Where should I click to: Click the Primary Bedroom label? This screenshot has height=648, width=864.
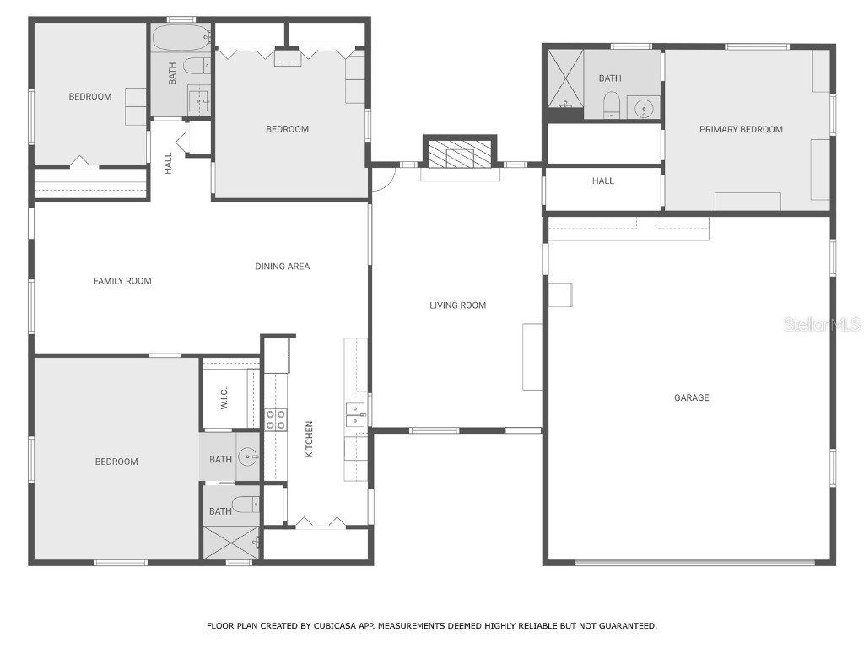coord(741,129)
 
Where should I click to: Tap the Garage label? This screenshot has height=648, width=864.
coord(691,397)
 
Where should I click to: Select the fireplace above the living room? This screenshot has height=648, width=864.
coord(460,155)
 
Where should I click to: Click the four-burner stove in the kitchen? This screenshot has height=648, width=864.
coord(276,419)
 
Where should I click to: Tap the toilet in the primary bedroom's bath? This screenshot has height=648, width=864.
coord(613,105)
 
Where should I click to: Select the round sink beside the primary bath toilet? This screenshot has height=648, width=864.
coord(645,108)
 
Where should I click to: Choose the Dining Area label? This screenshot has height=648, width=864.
coord(283,267)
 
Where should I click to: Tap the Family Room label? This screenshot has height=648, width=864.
coord(122,281)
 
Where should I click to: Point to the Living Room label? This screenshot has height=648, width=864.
coord(458,305)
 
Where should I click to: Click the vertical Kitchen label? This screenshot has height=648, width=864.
coord(310,439)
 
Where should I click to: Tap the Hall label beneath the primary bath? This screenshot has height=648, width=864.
coord(603,181)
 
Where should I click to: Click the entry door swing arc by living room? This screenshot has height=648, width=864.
coord(384,180)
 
